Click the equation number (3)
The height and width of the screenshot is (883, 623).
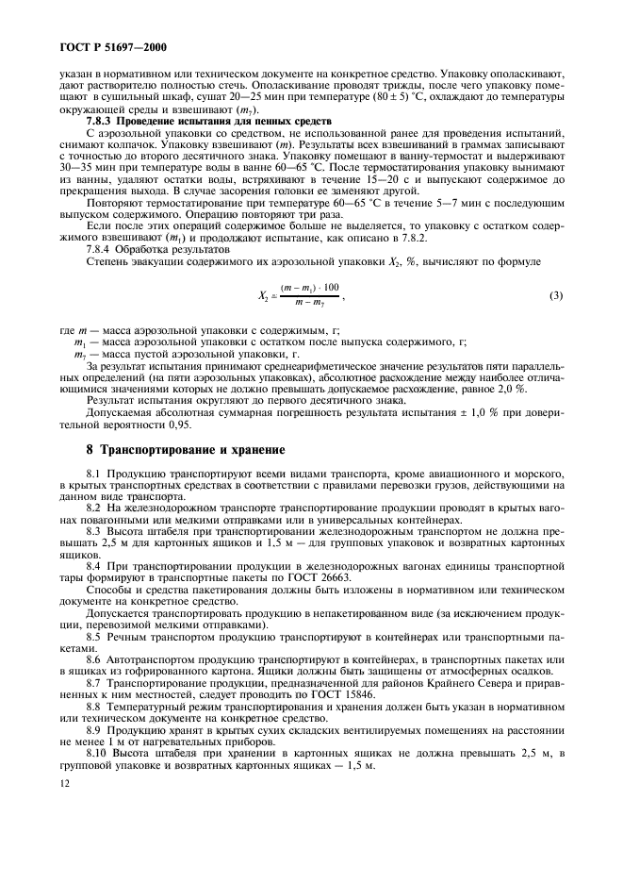tap(555, 295)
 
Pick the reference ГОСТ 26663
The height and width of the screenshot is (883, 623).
tap(324, 573)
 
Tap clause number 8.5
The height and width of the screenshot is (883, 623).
tap(94, 637)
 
